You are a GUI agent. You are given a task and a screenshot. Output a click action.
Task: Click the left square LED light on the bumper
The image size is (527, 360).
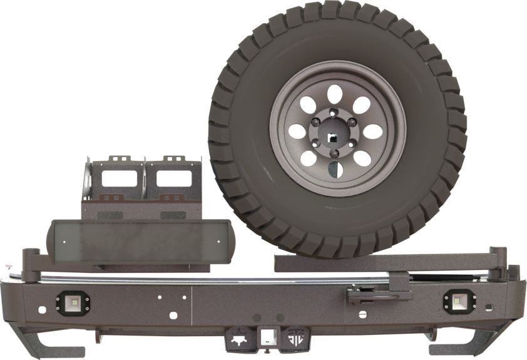point(73,302)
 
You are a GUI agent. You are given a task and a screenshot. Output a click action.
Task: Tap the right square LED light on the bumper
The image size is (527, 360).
point(459,302)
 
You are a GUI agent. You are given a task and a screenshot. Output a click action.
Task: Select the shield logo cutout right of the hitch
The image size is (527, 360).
point(294,337)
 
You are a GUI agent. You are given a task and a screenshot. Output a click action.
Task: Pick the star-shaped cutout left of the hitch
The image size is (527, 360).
point(238,337)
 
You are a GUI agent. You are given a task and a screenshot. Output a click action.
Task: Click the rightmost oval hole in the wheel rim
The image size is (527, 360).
point(374,132)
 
